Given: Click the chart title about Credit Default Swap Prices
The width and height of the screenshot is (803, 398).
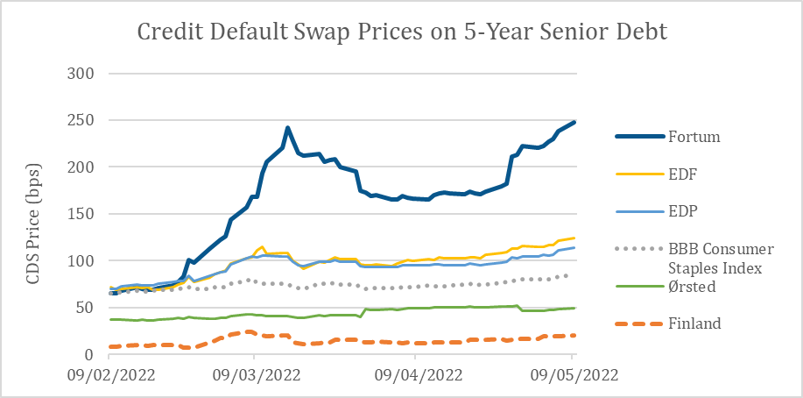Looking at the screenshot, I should point(402,33).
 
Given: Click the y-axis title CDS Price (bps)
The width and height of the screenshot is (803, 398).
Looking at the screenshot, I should point(33,213).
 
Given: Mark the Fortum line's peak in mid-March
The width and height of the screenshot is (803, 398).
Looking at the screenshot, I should point(286,128).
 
